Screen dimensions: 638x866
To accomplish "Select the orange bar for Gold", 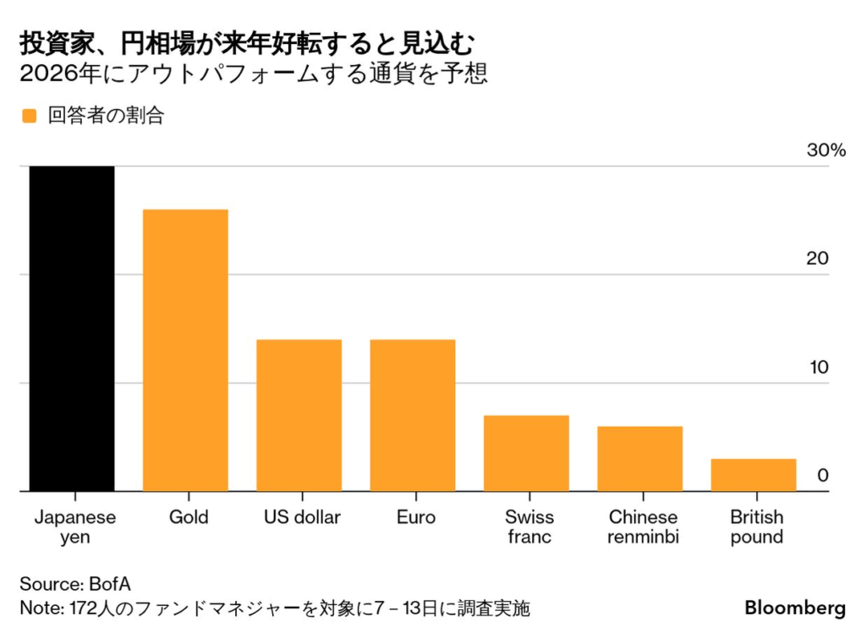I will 185,350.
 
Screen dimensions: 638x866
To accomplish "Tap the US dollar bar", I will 299,415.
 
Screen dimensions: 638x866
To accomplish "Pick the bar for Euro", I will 413,415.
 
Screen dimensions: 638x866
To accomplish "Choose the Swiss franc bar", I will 526,453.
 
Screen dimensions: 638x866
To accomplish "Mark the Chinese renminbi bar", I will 639,458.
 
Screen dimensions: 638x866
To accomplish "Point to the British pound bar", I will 754,475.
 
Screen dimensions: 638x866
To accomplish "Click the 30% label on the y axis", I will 825,150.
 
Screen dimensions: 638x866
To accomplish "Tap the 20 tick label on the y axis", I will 817,259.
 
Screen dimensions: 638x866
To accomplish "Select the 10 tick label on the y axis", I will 817,368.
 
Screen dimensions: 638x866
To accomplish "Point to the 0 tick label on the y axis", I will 822,476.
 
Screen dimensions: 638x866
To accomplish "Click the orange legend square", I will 30,117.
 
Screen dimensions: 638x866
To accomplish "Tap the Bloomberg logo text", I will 795,608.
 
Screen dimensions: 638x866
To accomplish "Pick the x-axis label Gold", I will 188,517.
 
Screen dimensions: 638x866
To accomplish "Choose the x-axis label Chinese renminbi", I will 643,526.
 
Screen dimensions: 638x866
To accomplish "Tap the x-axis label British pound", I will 756,526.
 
